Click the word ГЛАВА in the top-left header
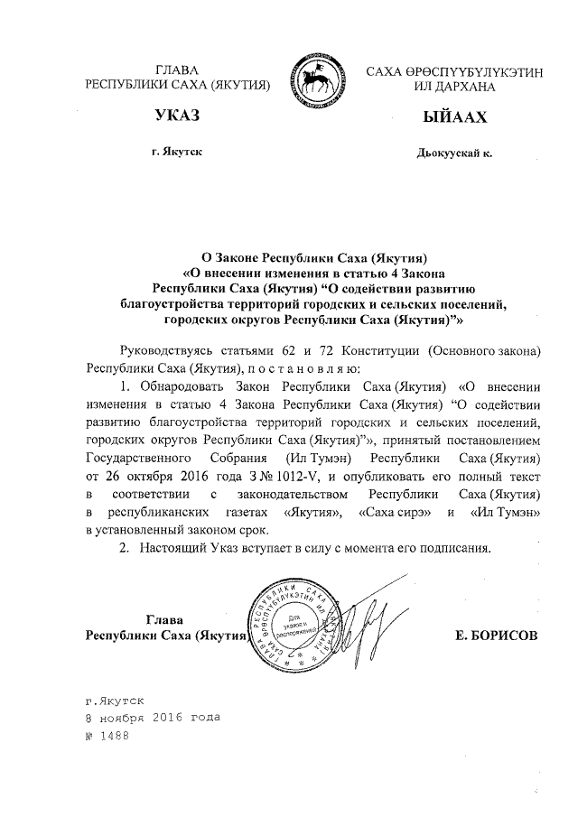pyautogui.click(x=177, y=70)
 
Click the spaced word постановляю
pyautogui.click(x=311, y=369)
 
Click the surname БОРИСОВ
pyautogui.click(x=497, y=635)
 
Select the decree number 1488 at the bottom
pyautogui.click(x=115, y=735)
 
